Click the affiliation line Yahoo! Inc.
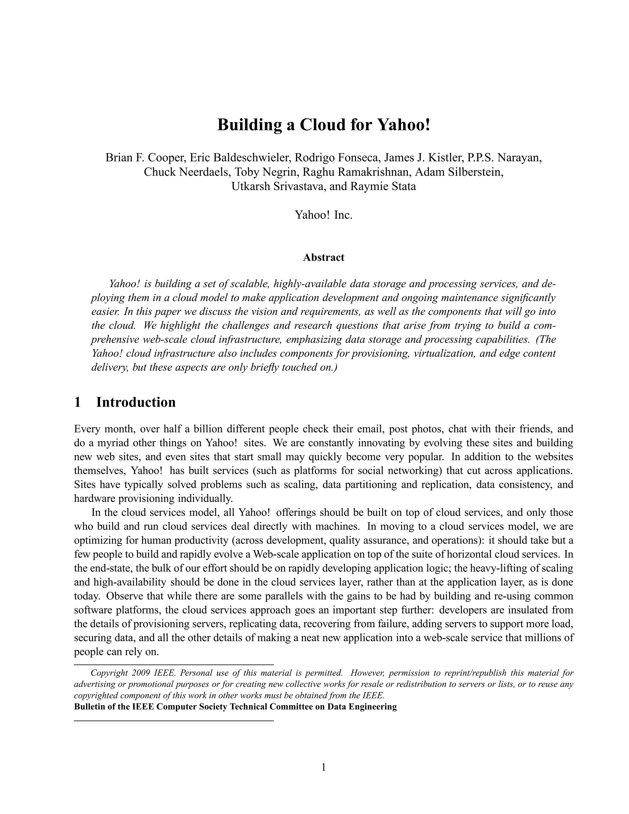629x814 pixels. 323,215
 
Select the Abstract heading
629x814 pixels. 323,257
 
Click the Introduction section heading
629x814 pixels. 136,402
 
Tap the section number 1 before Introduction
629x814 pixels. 77,402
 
